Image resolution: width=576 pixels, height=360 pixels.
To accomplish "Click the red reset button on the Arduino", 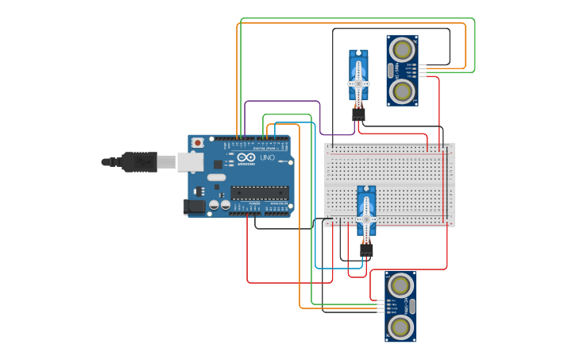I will click(197, 143).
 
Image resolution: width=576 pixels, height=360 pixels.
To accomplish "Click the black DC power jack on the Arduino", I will click(194, 207).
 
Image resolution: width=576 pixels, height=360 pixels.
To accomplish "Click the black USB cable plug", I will click(140, 161).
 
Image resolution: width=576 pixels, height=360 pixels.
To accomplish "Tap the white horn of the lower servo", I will click(366, 219).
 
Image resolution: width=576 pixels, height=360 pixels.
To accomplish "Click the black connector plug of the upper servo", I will click(359, 115).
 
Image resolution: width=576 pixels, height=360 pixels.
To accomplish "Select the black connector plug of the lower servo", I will click(366, 250).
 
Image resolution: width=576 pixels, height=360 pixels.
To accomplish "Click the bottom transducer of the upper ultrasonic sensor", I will click(403, 92).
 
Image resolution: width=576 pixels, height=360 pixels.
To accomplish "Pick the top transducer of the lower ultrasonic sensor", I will click(401, 284).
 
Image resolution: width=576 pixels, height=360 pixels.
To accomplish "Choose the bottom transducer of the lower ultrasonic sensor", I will click(401, 327).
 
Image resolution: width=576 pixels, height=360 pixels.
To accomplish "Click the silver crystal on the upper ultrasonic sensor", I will click(391, 70).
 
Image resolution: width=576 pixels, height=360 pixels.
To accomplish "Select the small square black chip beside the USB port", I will click(218, 164).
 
